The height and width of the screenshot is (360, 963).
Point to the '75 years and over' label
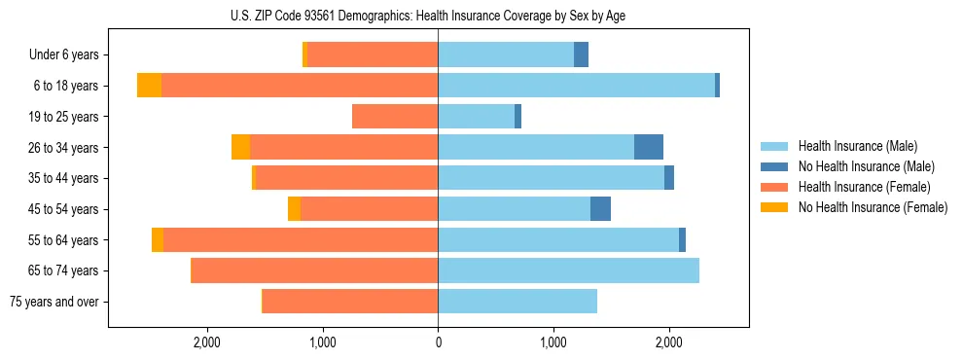[x=53, y=302]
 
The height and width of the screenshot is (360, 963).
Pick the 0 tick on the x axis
[x=438, y=342]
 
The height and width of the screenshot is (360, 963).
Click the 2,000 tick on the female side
[x=206, y=342]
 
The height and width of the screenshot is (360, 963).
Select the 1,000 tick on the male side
[x=553, y=342]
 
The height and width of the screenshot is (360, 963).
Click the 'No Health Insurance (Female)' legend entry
[x=873, y=207]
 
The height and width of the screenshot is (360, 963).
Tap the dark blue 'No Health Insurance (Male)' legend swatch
[x=774, y=166]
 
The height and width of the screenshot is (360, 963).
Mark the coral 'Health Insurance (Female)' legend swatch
[x=774, y=187]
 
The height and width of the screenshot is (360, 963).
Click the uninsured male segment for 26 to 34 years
[x=649, y=148]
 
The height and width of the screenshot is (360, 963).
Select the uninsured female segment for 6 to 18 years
[x=149, y=86]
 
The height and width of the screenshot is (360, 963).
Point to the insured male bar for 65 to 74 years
[x=568, y=270]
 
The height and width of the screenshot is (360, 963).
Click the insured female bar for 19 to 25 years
[x=395, y=117]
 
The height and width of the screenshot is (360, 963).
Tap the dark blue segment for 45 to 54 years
[x=600, y=209]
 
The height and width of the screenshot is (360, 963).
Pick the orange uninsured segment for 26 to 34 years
[x=240, y=148]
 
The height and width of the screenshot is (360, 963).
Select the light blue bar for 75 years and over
[x=517, y=302]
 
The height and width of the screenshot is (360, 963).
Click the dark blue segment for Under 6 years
[x=581, y=55]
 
